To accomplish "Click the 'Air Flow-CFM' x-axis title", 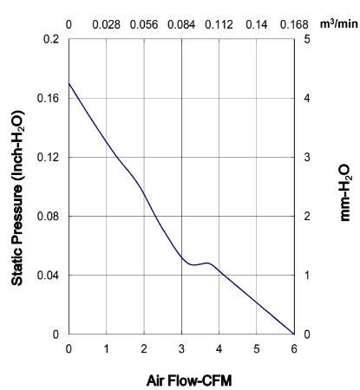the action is coord(189,380).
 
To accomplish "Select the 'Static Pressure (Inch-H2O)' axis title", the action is coord(17,198).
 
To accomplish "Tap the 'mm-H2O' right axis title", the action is coord(345,193).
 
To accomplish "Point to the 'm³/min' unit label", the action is coord(338,23).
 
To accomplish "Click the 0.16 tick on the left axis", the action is coord(48,98).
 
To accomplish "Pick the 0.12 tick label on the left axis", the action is coord(48,157).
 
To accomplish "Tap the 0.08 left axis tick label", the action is coord(48,216).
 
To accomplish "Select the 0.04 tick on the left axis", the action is coord(48,275).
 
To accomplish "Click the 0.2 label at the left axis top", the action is coord(51,39).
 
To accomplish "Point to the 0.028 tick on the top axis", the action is coord(106,24).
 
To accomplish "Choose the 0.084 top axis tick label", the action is coord(181,24).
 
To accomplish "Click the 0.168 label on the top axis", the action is coord(294,24).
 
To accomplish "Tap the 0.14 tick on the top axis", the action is coord(257,24).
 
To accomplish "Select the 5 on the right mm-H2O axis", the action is coord(307,39).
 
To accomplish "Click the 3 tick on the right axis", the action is coord(307,157).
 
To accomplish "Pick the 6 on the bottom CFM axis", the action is coord(294,349).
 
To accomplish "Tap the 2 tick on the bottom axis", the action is coord(144,349).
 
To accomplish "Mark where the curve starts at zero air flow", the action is coord(69,83).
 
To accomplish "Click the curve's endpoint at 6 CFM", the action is coord(294,334).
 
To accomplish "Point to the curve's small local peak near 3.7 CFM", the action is coord(207,263).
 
